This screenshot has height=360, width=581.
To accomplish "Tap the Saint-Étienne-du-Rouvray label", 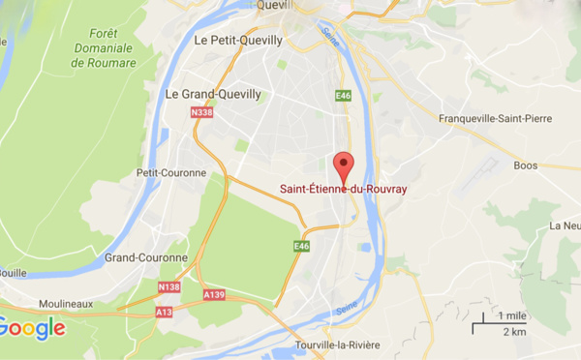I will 344,188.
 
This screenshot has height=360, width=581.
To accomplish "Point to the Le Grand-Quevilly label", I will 212,95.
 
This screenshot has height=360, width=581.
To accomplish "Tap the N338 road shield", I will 202,113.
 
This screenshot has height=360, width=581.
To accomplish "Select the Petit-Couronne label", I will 170,173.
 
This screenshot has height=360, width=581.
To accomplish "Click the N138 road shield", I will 168,287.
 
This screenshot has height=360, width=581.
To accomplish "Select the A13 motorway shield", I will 164,314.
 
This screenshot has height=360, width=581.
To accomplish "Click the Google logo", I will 32,328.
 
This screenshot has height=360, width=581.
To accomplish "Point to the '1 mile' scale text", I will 513,316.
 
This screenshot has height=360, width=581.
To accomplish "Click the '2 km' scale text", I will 513,332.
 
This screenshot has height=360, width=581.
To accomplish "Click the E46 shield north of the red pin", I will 343,95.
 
